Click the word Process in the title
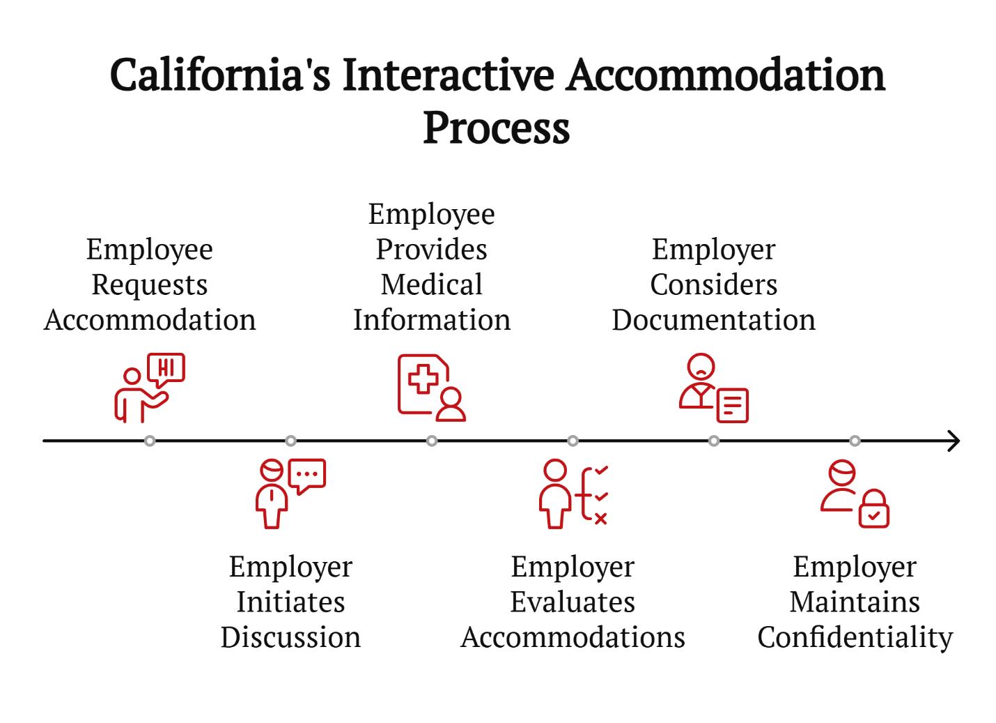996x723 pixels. pyautogui.click(x=496, y=128)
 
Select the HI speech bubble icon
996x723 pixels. pyautogui.click(x=166, y=370)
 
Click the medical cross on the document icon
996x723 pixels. pyautogui.click(x=423, y=379)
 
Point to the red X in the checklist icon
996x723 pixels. pyautogui.click(x=600, y=519)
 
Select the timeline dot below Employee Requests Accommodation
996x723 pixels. pyautogui.click(x=150, y=441)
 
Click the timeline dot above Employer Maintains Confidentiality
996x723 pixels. pyautogui.click(x=855, y=441)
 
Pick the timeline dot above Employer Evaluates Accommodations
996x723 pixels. pyautogui.click(x=573, y=441)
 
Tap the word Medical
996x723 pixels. pyautogui.click(x=431, y=284)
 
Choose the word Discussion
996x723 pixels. pyautogui.click(x=290, y=637)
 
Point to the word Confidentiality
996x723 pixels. pyautogui.click(x=855, y=638)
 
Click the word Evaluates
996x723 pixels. pyautogui.click(x=573, y=602)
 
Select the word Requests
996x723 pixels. pyautogui.click(x=149, y=285)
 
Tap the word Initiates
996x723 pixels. pyautogui.click(x=290, y=602)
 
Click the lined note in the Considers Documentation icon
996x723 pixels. pyautogui.click(x=732, y=405)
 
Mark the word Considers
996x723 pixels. pyautogui.click(x=714, y=284)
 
